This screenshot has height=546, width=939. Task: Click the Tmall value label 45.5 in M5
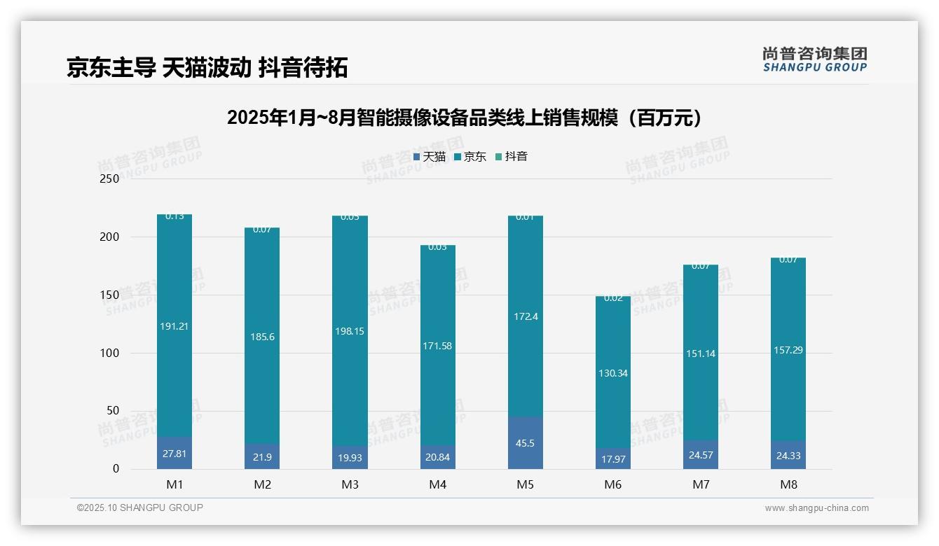point(525,443)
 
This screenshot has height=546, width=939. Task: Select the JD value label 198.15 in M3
point(350,331)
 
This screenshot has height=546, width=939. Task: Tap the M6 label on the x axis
point(612,484)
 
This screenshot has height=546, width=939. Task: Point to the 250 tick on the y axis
point(109,178)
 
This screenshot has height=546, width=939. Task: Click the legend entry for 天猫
point(430,157)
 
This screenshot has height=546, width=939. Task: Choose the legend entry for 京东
point(470,157)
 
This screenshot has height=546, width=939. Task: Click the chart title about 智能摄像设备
point(465,118)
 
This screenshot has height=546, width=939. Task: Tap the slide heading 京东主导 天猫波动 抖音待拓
point(207,68)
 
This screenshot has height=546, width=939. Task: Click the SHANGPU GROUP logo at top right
point(815,59)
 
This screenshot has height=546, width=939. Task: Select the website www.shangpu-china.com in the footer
point(816,508)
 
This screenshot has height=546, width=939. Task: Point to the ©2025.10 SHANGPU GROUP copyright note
point(140,507)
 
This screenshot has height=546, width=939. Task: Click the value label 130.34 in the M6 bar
point(612,373)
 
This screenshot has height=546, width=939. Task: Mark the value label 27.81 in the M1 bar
point(174,454)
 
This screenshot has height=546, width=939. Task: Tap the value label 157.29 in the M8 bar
point(788,350)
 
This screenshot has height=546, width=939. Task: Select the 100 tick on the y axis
point(109,353)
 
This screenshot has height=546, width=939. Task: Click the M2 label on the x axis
point(262,484)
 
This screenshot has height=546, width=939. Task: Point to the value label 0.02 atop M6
point(612,298)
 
